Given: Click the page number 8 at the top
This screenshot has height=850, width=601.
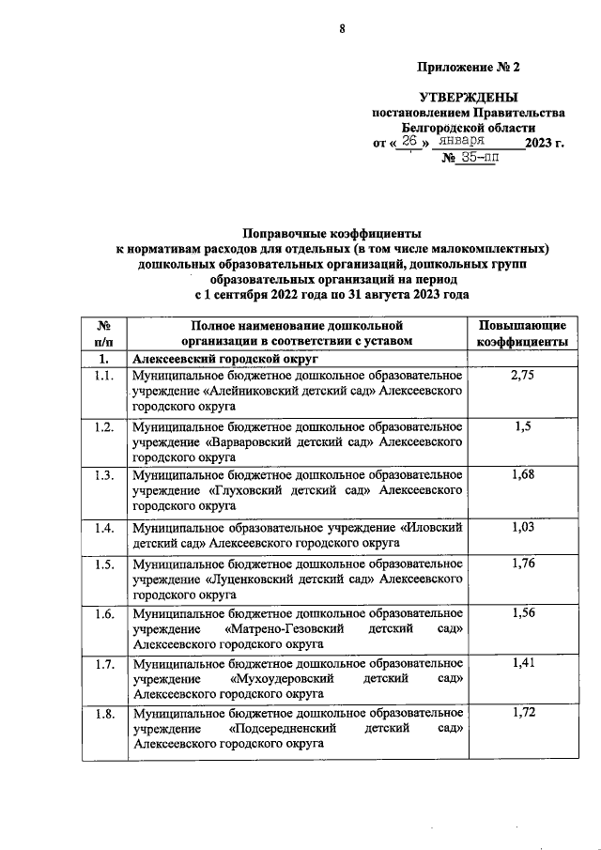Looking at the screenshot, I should coord(343,29).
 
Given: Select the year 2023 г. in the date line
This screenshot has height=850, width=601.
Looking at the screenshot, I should coord(545,143).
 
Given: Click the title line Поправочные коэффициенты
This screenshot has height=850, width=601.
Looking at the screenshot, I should coord(331,232).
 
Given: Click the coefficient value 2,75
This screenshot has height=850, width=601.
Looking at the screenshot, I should coord(522,375).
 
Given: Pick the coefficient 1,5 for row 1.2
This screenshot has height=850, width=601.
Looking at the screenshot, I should coord(522,425).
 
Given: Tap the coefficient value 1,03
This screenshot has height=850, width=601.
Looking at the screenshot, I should coord(522,527).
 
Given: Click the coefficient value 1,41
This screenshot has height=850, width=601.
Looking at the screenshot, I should coord(522,664).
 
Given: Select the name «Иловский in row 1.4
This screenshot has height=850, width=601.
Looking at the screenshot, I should coord(432,529).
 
